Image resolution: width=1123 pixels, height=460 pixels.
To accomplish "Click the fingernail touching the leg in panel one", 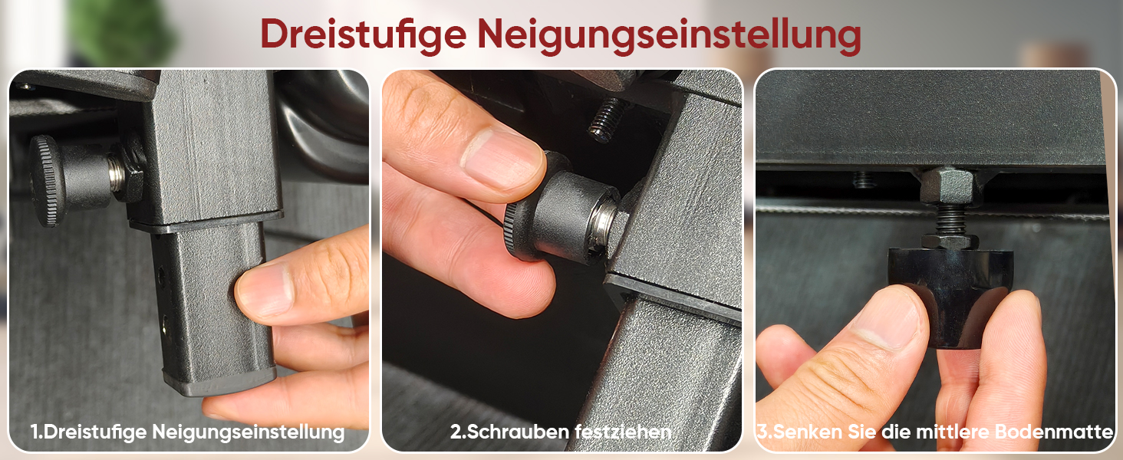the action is [264, 291].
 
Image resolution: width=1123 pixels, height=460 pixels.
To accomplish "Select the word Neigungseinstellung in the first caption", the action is [249, 432].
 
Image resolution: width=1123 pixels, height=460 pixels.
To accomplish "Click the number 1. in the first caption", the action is [37, 432].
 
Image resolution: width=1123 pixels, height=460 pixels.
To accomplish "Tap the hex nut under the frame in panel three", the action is [947, 186].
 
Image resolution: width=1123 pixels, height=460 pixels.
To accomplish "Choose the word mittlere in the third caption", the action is [953, 432].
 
